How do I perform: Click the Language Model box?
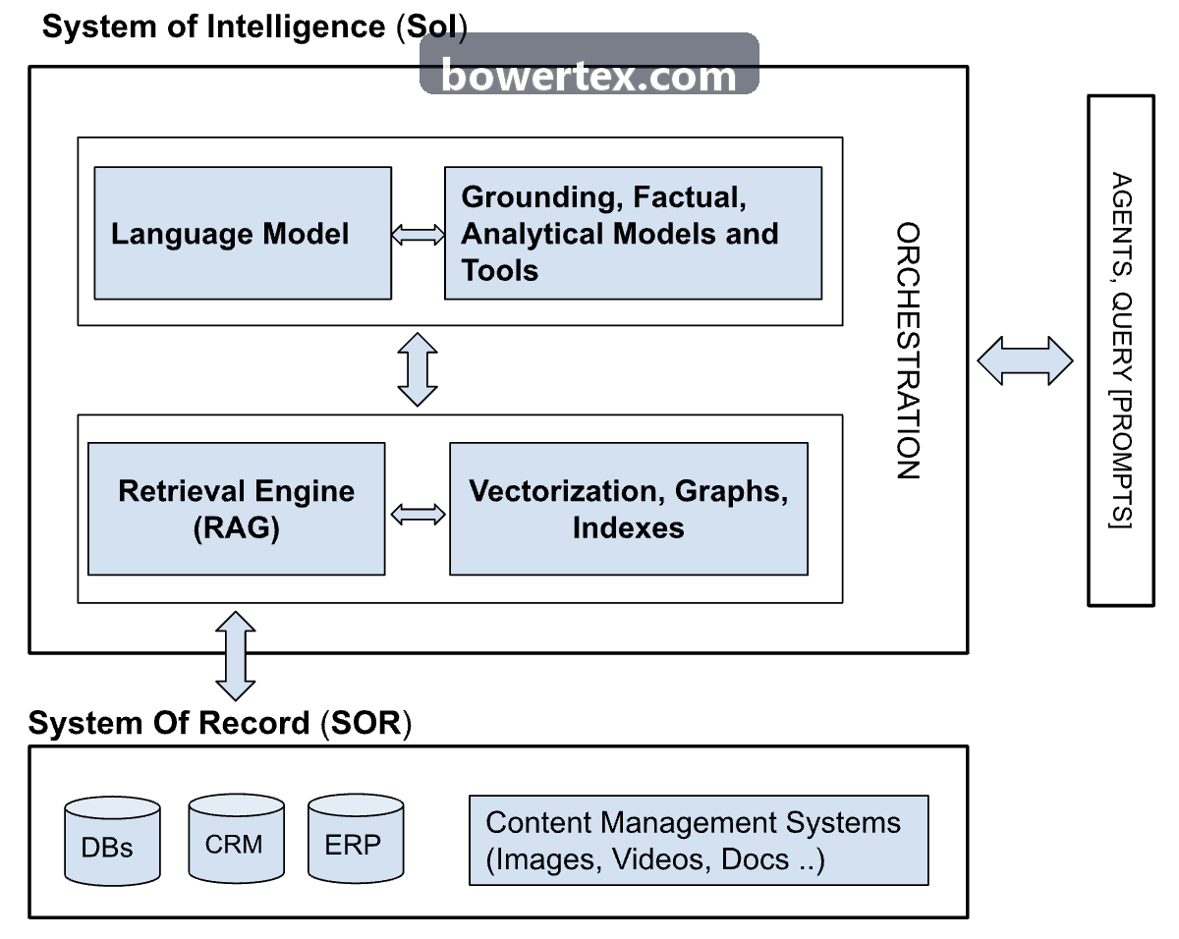click(243, 233)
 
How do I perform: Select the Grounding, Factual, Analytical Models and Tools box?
click(633, 233)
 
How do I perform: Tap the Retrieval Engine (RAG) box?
click(236, 509)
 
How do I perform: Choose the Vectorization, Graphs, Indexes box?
click(629, 509)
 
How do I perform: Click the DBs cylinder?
click(112, 841)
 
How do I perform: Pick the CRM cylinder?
click(236, 839)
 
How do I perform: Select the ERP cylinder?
click(356, 839)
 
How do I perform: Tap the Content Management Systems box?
click(699, 840)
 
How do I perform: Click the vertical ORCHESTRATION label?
click(908, 351)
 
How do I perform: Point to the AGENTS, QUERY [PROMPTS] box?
click(1121, 351)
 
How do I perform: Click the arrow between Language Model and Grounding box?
click(418, 235)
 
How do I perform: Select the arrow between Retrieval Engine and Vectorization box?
click(418, 515)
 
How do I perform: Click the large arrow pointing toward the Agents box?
click(1025, 360)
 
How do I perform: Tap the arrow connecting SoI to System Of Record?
click(236, 656)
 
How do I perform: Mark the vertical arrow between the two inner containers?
click(418, 369)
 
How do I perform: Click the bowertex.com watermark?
click(589, 64)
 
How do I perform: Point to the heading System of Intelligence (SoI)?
click(254, 27)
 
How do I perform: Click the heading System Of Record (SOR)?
click(220, 723)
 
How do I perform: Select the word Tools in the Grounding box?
click(500, 270)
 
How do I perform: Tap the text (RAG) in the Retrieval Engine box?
click(236, 527)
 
